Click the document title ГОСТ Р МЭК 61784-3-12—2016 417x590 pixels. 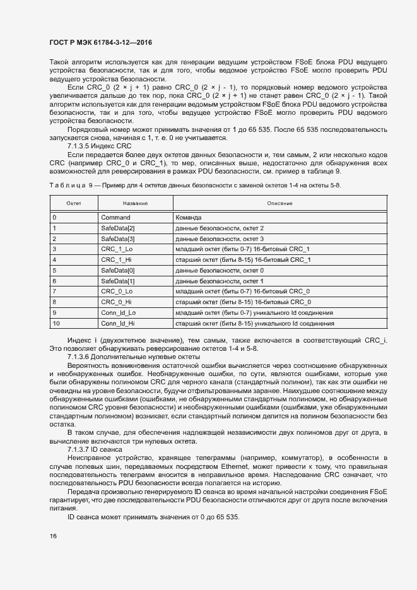pos(100,43)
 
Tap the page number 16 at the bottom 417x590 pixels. pos(53,536)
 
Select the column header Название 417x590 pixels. pos(135,203)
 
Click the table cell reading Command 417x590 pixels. pos(115,217)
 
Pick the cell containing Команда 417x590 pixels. pos(190,217)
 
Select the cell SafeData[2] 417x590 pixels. pos(118,228)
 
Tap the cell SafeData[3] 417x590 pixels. pos(118,239)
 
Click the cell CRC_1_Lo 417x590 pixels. pos(117,249)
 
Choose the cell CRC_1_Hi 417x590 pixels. pos(116,259)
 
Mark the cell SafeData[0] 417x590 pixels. pos(118,270)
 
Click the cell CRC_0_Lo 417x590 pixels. pos(117,292)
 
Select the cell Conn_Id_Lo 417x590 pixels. pos(118,312)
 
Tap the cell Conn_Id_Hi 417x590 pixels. pos(117,323)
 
